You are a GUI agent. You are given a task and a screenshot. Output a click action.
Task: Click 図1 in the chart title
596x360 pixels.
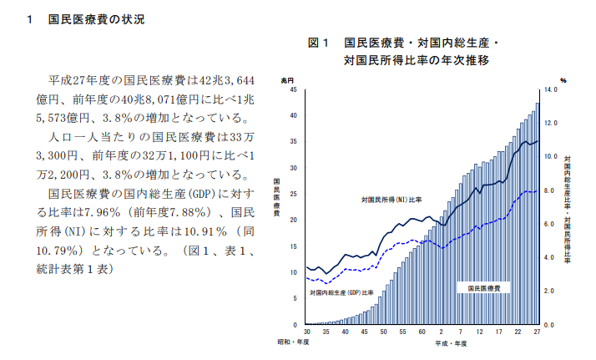(321, 43)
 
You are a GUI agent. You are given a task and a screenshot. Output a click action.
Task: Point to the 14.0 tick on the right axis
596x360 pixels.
(551, 89)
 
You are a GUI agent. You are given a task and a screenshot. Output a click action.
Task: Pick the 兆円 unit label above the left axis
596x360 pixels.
(287, 79)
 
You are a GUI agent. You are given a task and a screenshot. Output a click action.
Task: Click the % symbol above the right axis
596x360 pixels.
(563, 80)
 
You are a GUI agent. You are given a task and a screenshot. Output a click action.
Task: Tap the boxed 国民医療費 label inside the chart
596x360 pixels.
(484, 287)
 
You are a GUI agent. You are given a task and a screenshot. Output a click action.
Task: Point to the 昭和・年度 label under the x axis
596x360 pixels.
(293, 343)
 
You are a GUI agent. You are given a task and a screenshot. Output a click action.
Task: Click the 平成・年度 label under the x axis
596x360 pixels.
(450, 343)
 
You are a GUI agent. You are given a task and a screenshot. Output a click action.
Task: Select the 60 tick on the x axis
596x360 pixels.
(422, 332)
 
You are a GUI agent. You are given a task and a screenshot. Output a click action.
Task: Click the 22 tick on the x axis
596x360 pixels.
(518, 332)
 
